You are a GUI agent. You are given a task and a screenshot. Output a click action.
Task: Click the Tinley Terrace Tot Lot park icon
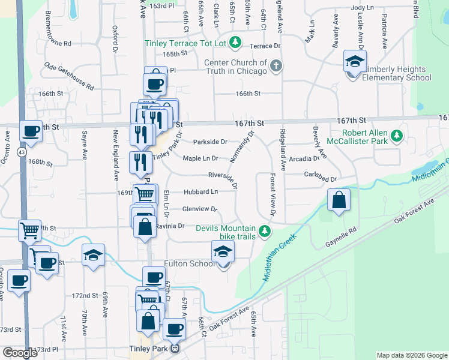click(x=237, y=42)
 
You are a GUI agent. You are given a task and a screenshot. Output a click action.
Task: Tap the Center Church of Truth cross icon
click(x=276, y=66)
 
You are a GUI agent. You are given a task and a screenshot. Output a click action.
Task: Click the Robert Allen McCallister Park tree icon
click(x=396, y=137)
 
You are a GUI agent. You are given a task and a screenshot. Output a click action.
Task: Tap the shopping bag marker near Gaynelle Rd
click(x=339, y=200)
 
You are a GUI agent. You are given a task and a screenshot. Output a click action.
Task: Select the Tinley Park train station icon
click(x=175, y=349)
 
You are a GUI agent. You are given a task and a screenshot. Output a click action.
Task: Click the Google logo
click(x=20, y=353)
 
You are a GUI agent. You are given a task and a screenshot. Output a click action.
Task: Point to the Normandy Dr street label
click(x=243, y=148)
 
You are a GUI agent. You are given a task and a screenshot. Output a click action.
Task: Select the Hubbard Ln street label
click(x=200, y=192)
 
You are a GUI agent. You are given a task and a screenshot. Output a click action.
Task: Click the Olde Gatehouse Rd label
click(x=70, y=76)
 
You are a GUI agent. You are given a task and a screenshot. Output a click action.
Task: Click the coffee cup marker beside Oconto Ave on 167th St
click(x=31, y=131)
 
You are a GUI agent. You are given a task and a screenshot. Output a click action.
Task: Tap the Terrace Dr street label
click(x=265, y=46)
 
